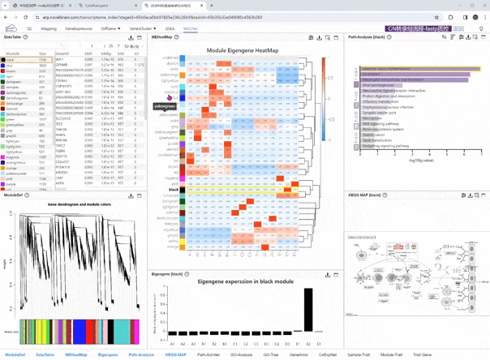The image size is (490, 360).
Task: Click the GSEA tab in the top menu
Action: click(170, 28)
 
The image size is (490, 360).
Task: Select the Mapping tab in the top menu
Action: click(49, 28)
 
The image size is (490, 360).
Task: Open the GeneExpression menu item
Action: click(79, 28)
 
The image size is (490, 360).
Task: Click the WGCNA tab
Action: click(191, 28)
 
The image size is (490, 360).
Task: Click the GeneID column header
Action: click(62, 54)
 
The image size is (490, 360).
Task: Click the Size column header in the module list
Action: click(43, 54)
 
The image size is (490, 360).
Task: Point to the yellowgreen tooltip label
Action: click(165, 106)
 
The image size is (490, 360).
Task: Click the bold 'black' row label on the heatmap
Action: click(173, 190)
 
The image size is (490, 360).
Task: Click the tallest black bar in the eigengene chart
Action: click(308, 310)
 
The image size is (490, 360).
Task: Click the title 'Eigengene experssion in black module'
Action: click(234, 281)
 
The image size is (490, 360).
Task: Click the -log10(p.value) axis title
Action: click(421, 161)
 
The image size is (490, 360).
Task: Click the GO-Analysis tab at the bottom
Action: click(241, 354)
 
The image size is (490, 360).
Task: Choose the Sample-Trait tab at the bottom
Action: click(358, 354)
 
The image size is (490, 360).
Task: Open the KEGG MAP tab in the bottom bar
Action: click(175, 354)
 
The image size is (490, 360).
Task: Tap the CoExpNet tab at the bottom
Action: click(328, 354)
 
